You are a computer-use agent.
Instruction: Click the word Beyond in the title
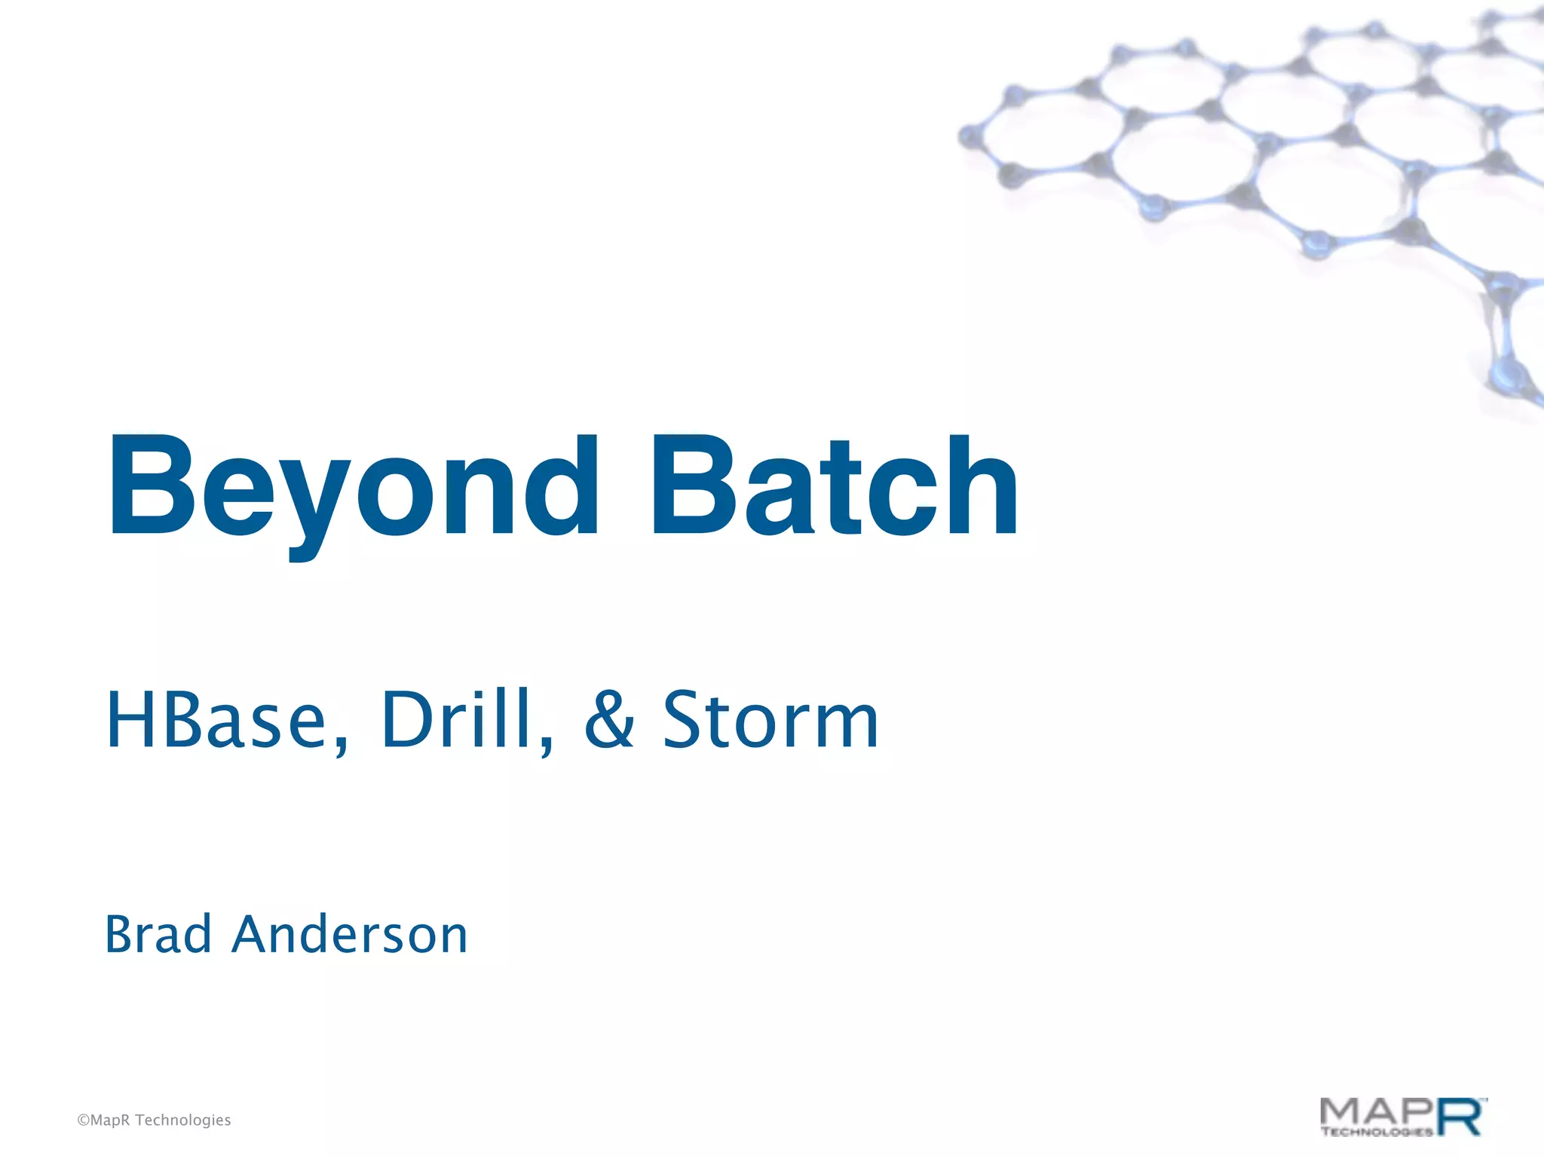[353, 486]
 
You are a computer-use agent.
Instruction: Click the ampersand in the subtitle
[609, 721]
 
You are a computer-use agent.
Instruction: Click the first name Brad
[158, 935]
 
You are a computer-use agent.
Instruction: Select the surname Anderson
[350, 935]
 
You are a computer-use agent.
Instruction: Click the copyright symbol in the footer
[83, 1120]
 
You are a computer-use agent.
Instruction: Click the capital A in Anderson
[256, 935]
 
